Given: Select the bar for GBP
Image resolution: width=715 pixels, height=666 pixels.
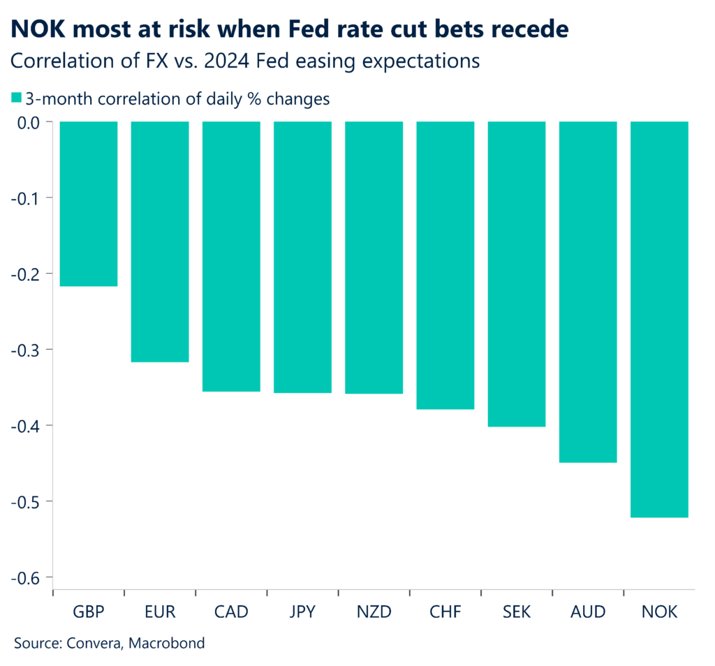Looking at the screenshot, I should tap(88, 204).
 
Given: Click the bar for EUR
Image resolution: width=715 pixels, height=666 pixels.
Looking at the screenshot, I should tap(160, 242).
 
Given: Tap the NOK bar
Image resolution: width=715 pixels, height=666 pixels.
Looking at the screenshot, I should tap(659, 319).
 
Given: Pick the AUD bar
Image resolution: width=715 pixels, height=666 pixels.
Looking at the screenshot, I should tap(588, 292).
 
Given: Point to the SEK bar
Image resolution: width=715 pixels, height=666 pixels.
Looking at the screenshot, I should tap(517, 274).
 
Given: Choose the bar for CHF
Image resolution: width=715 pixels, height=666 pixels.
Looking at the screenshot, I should tap(445, 265).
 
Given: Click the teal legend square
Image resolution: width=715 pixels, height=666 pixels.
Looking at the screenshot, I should tap(17, 98).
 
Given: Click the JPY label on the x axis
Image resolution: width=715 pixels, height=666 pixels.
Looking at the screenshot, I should tap(302, 612).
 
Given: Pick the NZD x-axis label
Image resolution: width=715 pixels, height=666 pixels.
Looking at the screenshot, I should tap(374, 612).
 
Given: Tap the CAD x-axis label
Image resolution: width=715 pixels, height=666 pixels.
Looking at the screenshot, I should tap(231, 612).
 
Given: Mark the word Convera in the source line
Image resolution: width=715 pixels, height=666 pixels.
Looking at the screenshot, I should tap(92, 643).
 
